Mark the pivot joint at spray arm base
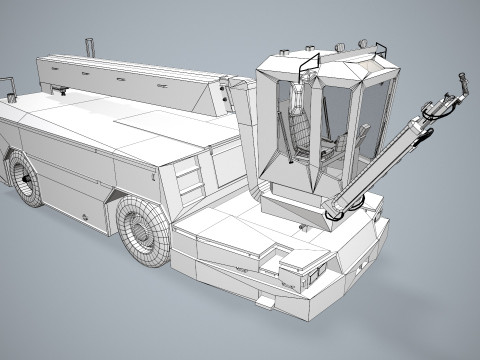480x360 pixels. [335, 210]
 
